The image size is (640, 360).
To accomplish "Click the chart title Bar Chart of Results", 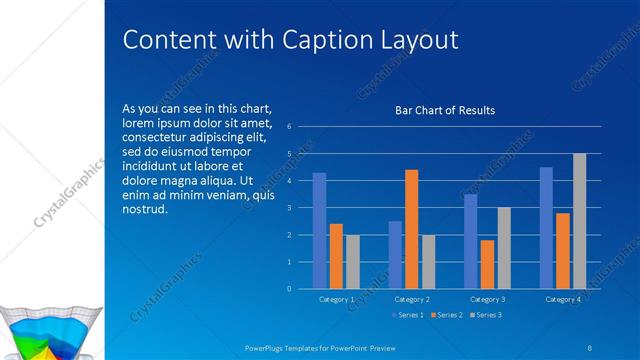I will pyautogui.click(x=445, y=110).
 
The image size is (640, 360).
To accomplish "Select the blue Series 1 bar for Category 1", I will pyautogui.click(x=319, y=231).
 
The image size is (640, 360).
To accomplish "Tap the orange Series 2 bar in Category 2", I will pyautogui.click(x=411, y=229).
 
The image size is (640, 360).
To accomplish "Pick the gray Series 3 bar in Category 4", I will pyautogui.click(x=579, y=221).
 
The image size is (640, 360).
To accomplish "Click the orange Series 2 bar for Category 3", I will pyautogui.click(x=487, y=264).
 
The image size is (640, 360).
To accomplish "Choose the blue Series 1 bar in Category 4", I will pyautogui.click(x=546, y=228).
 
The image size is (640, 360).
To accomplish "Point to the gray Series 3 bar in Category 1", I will pyautogui.click(x=352, y=262).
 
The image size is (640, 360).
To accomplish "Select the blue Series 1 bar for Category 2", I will pyautogui.click(x=395, y=255).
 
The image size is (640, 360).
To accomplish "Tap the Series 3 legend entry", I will pyautogui.click(x=485, y=315).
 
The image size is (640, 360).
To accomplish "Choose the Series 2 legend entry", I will pyautogui.click(x=447, y=315).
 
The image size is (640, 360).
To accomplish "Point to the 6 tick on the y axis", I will pyautogui.click(x=289, y=127).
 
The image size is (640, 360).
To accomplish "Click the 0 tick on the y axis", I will pyautogui.click(x=289, y=289).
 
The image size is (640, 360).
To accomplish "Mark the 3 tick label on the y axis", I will pyautogui.click(x=289, y=208).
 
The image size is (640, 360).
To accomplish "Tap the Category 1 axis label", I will pyautogui.click(x=336, y=299).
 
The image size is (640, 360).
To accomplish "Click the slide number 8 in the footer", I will pyautogui.click(x=590, y=347).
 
